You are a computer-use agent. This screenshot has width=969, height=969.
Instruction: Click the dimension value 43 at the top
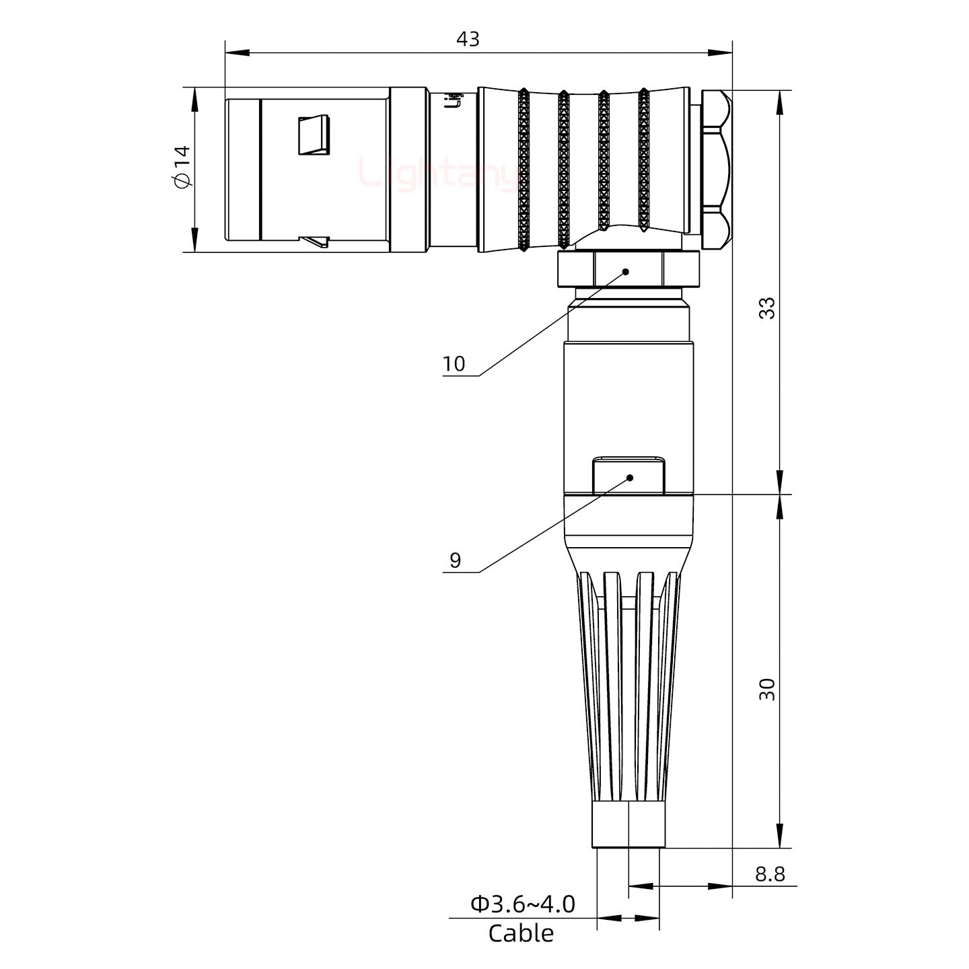468,39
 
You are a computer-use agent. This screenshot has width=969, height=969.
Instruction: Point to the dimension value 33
766,308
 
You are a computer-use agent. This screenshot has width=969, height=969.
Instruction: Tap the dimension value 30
766,689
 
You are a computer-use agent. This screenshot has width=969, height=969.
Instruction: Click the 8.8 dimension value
769,874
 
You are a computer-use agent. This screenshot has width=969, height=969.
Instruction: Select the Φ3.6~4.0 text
522,904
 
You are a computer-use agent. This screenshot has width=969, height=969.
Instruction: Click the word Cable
521,934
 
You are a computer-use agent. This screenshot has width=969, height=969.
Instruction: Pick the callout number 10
454,364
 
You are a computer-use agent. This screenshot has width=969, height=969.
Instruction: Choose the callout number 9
455,561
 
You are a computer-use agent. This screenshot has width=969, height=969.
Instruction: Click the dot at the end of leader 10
625,272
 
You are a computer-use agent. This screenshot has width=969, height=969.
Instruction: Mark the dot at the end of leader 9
630,478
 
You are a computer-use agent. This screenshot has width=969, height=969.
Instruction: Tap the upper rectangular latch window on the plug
314,135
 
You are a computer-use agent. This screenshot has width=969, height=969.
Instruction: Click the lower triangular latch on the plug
315,240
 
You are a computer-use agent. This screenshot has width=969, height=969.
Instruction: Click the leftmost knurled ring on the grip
524,170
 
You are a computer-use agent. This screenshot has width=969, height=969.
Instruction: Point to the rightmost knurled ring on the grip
643,161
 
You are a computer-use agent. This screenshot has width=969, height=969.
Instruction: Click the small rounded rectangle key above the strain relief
629,476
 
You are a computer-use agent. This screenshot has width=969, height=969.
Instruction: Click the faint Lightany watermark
437,173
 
